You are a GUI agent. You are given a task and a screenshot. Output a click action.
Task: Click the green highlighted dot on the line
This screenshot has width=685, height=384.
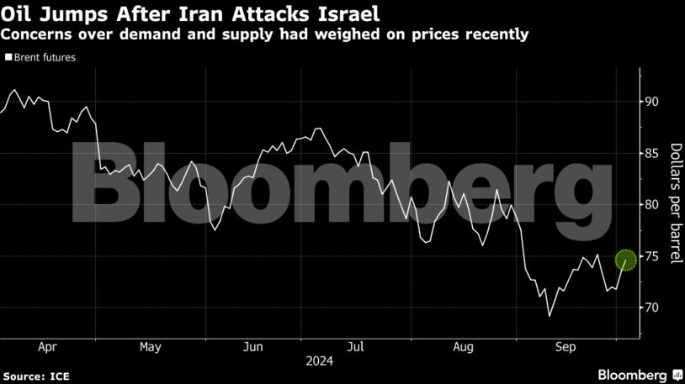(626, 260)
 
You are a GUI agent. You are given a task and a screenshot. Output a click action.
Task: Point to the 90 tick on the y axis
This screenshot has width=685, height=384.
(651, 102)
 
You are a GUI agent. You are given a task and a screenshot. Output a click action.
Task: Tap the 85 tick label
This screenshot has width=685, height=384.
(651, 153)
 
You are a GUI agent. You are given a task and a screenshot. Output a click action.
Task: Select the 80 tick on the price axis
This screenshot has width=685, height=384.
(651, 204)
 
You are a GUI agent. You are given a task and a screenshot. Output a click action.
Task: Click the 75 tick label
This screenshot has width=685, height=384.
(651, 256)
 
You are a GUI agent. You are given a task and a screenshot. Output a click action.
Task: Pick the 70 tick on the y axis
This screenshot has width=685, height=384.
(651, 308)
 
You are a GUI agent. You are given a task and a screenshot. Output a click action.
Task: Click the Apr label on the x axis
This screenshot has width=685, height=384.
(47, 346)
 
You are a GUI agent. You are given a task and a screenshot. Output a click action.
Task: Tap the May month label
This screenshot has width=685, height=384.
(150, 346)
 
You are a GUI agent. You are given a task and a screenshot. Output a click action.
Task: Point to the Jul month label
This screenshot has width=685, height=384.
(356, 346)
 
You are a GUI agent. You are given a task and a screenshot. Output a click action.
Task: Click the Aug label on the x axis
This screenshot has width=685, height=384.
(461, 346)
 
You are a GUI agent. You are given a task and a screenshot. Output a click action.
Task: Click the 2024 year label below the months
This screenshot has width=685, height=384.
(318, 362)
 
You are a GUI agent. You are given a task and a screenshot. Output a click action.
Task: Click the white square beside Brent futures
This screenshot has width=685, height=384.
(8, 58)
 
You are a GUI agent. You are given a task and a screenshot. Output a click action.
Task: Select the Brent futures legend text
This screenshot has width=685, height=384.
(45, 58)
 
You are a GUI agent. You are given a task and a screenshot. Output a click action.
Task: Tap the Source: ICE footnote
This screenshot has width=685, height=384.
(35, 374)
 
